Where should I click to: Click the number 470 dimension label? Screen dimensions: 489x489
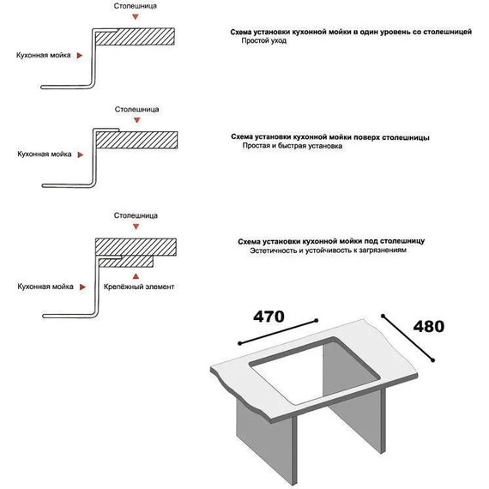pyautogui.click(x=269, y=317)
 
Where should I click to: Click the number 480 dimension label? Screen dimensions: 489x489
pyautogui.click(x=428, y=327)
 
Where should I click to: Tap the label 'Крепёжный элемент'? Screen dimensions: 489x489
pyautogui.click(x=139, y=287)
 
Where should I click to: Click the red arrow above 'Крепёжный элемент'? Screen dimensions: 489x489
pyautogui.click(x=136, y=276)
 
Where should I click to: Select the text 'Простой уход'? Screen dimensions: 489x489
pyautogui.click(x=264, y=40)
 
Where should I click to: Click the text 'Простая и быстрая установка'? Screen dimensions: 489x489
pyautogui.click(x=293, y=146)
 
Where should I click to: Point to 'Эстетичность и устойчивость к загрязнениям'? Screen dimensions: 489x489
pyautogui.click(x=328, y=251)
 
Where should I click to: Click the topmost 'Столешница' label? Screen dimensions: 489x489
pyautogui.click(x=135, y=6)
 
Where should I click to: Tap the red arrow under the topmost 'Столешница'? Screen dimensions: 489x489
pyautogui.click(x=135, y=17)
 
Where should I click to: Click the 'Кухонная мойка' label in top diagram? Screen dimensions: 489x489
pyautogui.click(x=44, y=55)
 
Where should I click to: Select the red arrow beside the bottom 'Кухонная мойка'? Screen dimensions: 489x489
pyautogui.click(x=82, y=287)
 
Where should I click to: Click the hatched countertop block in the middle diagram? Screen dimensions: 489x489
pyautogui.click(x=136, y=140)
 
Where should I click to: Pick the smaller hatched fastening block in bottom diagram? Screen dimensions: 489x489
pyautogui.click(x=126, y=262)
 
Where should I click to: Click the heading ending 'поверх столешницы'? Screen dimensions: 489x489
pyautogui.click(x=330, y=137)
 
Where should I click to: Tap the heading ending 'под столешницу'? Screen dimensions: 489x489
pyautogui.click(x=331, y=241)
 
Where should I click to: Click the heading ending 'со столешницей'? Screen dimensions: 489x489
pyautogui.click(x=351, y=32)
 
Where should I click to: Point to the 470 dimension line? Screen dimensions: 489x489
pyautogui.click(x=278, y=332)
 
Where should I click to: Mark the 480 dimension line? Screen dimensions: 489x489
pyautogui.click(x=407, y=338)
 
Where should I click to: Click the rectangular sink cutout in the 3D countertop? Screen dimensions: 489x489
pyautogui.click(x=315, y=371)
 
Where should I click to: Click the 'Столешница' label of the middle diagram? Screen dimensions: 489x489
pyautogui.click(x=136, y=110)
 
